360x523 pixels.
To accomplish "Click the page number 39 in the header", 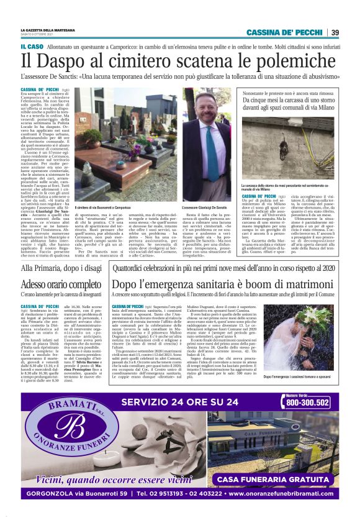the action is pos(335,32).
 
